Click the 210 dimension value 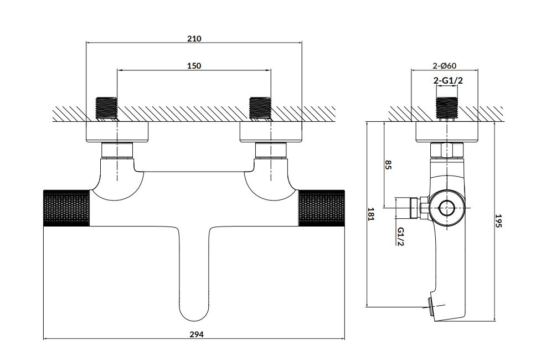(194, 39)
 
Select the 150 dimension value (194, 65)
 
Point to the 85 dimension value (388, 165)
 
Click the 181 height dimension (372, 214)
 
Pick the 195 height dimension (498, 222)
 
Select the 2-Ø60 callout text (445, 66)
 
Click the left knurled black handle (66, 208)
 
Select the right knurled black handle (323, 208)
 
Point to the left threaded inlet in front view (107, 107)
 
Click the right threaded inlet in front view (260, 107)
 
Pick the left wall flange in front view (117, 132)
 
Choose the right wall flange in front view (271, 132)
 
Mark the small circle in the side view (446, 208)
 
